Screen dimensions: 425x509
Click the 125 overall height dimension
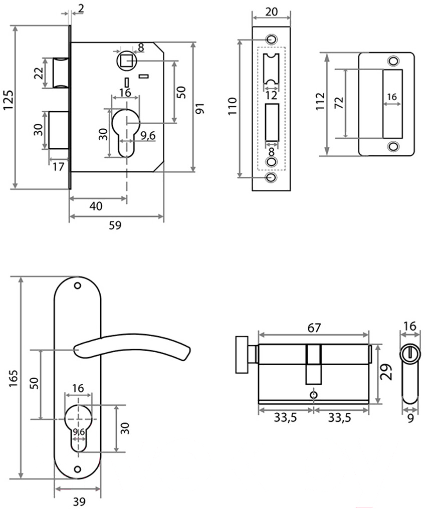pos(8,100)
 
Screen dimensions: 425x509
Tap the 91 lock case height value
pos(199,109)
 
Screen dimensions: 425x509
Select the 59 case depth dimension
pos(115,225)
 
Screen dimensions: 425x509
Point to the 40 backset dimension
pos(96,206)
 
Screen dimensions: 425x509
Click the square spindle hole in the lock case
pos(126,61)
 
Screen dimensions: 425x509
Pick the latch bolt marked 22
pos(61,73)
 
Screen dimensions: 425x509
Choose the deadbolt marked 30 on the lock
pos(59,130)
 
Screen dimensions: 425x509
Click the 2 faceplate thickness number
pos(81,8)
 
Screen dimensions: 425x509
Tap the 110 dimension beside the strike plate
pos(232,106)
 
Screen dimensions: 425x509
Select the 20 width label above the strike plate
pos(272,12)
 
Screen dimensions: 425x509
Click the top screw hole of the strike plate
pos(272,39)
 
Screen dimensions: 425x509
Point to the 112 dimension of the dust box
pos(320,101)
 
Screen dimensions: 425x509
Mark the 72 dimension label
pos(339,103)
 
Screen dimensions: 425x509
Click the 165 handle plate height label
pos(14,378)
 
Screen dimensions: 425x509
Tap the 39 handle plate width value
pos(79,502)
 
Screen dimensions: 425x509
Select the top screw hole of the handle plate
pos(77,286)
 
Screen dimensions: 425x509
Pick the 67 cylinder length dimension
pos(314,328)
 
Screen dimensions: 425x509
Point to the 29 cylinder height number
pos(386,372)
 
